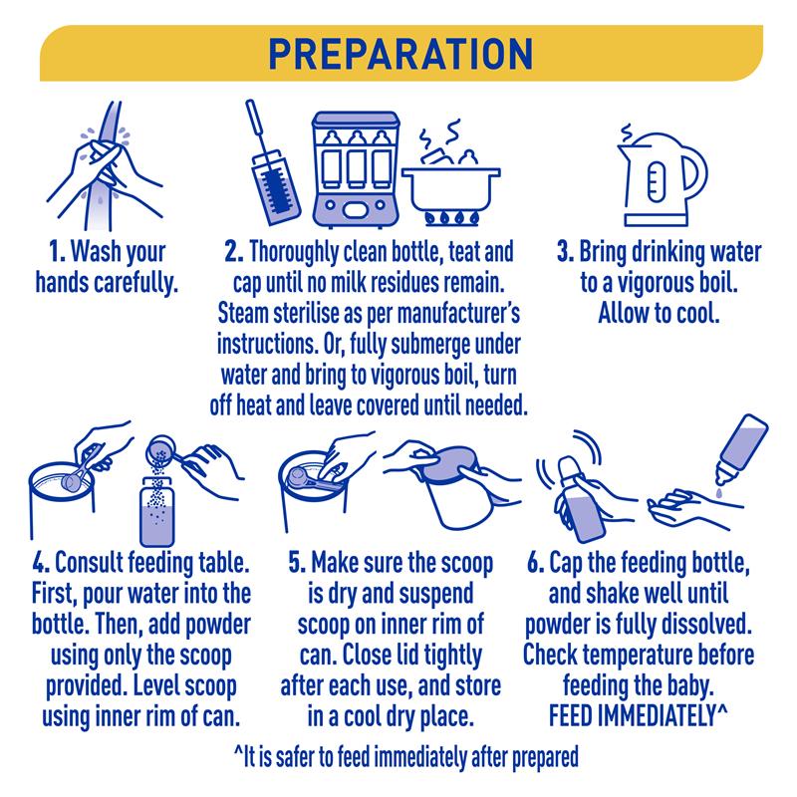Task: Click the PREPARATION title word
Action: tap(400, 54)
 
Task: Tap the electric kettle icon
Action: tap(662, 175)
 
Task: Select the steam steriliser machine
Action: tap(356, 169)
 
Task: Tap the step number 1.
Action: tap(57, 253)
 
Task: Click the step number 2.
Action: tap(234, 253)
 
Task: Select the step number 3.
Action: tap(565, 253)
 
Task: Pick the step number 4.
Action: tap(41, 563)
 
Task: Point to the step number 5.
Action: tap(297, 563)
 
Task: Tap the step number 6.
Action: tap(536, 563)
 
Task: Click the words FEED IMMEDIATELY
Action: tap(633, 716)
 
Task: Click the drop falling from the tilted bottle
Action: tap(717, 493)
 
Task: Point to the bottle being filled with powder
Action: tap(157, 512)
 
